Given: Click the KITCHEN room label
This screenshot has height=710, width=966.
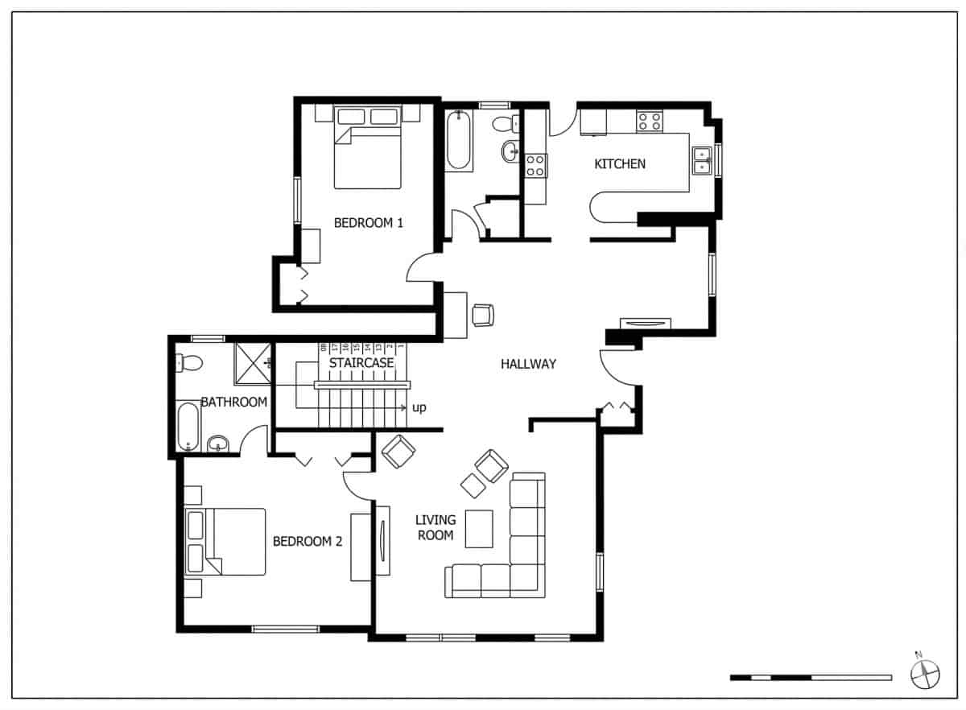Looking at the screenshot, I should point(619,164).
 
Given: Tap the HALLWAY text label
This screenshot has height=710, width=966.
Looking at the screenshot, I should point(528,364).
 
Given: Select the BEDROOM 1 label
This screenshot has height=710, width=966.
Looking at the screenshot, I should point(368,223).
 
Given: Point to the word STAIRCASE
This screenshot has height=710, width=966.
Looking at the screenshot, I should point(361,363).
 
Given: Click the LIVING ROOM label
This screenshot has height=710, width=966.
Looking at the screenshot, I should point(436,527).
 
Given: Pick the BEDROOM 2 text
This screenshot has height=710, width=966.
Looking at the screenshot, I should point(308,541).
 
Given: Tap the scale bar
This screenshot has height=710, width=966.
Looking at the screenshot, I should point(810,677).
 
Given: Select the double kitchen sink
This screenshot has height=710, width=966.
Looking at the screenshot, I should point(703,161).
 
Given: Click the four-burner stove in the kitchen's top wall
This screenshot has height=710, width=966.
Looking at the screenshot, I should point(650,122).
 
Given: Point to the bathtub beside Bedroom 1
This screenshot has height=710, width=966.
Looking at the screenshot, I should point(459,140).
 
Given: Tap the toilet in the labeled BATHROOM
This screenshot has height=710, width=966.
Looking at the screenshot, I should point(188,363).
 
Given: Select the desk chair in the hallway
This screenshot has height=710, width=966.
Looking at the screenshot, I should point(482,315).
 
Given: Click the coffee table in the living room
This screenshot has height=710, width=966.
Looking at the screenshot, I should point(479,528).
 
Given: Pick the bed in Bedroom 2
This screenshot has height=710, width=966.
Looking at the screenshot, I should point(225,541).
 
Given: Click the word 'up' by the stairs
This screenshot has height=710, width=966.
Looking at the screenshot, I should point(419,408).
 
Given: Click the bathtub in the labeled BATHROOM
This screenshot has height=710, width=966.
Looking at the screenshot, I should point(188,426).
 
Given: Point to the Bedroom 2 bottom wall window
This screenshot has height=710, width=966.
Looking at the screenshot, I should point(285,629).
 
